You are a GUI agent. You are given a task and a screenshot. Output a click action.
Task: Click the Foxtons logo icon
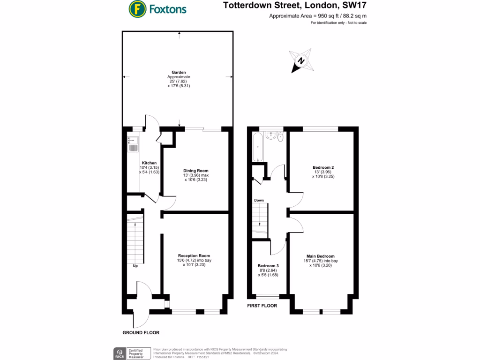[137, 8]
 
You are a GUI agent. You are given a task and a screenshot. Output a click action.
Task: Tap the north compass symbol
[301, 61]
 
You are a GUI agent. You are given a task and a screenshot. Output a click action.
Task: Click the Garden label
[179, 72]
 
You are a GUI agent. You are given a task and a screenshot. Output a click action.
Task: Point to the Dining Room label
[196, 171]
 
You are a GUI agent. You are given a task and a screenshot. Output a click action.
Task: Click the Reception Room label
[197, 255]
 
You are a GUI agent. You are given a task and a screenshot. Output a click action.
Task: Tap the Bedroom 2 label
[323, 167]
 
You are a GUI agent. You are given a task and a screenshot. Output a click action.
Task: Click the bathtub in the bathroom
[258, 146]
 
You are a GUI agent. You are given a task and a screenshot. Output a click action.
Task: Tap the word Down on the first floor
[259, 200]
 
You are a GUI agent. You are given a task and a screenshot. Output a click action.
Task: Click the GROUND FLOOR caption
[141, 333]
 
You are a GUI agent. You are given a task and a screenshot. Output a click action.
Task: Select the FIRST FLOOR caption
[262, 306]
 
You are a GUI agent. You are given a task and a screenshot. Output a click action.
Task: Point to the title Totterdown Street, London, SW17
[302, 6]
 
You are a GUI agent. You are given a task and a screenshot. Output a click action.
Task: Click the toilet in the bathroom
[280, 138]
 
